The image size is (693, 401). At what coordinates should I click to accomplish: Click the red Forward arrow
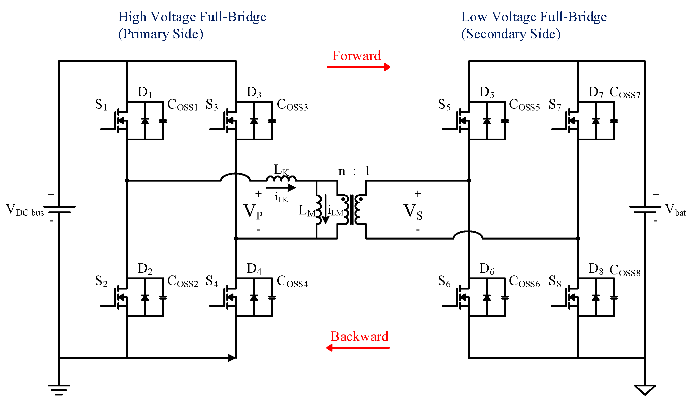click(358, 67)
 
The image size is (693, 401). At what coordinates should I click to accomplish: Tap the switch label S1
click(101, 105)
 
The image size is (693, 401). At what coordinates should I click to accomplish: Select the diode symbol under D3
click(254, 121)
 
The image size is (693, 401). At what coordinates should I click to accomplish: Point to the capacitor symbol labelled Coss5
click(505, 121)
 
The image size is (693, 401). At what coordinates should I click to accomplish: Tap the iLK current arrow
click(281, 188)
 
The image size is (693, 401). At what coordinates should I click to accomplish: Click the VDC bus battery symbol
click(59, 210)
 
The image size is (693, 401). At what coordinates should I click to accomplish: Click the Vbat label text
click(675, 210)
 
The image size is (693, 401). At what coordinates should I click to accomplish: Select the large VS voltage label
click(412, 211)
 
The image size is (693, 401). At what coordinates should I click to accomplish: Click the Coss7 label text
click(625, 93)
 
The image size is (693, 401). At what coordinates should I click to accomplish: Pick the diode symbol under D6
click(487, 298)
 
